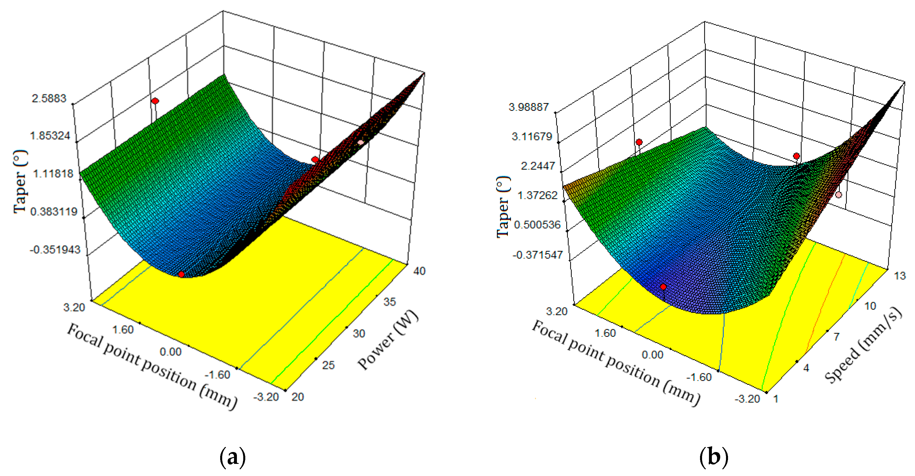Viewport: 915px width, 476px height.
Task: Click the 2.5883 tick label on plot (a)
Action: tap(49, 98)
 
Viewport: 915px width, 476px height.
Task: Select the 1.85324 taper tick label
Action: tap(50, 136)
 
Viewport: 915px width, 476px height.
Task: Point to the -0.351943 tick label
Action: tap(55, 249)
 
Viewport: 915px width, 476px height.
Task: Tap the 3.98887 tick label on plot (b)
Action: tap(529, 107)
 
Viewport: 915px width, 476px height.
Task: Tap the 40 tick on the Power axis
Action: tap(419, 271)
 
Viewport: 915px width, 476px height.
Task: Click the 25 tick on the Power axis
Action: tap(329, 365)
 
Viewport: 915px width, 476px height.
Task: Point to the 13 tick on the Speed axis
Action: tap(900, 276)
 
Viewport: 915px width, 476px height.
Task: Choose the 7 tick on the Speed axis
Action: tap(837, 336)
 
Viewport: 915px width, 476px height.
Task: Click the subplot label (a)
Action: tap(233, 457)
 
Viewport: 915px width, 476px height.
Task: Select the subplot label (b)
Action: tap(714, 457)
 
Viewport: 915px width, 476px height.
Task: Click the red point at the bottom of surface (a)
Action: tap(181, 274)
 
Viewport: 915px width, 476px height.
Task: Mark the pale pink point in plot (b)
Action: tap(839, 195)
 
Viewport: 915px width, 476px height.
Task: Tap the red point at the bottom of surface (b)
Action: tap(663, 287)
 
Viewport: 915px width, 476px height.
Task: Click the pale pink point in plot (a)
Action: tap(360, 142)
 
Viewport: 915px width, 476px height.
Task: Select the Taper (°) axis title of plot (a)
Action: tap(20, 182)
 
